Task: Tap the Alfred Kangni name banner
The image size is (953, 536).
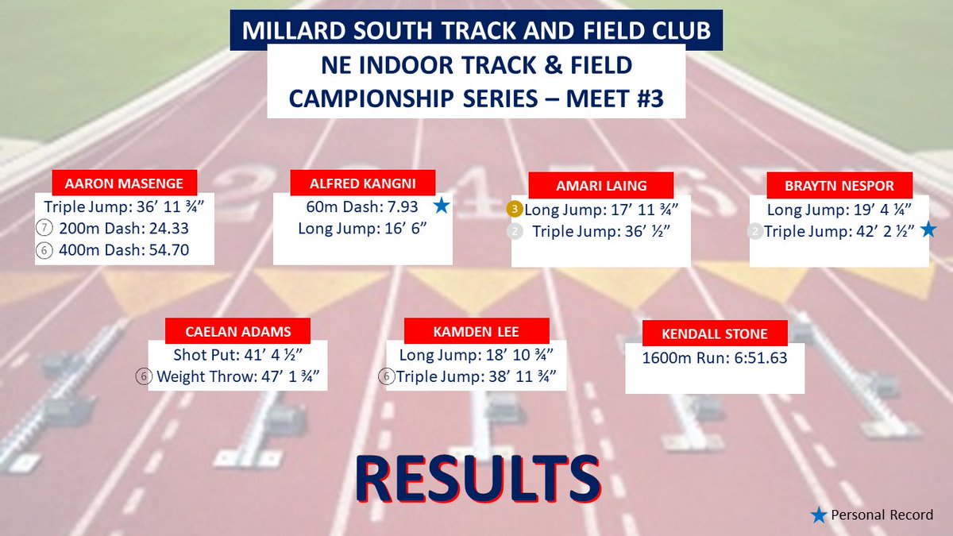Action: click(363, 183)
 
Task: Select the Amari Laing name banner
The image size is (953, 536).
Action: click(601, 186)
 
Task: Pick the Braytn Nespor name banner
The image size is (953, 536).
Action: click(839, 186)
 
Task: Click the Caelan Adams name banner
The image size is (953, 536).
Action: click(237, 331)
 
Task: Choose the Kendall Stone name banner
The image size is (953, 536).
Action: click(715, 334)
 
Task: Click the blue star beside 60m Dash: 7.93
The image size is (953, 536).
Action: click(441, 206)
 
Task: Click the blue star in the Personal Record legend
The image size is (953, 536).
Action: click(818, 515)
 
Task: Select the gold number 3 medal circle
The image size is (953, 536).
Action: click(515, 210)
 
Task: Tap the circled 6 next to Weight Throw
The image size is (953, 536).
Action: click(144, 376)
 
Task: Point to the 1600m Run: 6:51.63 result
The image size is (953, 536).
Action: click(715, 358)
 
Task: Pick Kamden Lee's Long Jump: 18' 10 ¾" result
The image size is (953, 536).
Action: click(476, 355)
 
